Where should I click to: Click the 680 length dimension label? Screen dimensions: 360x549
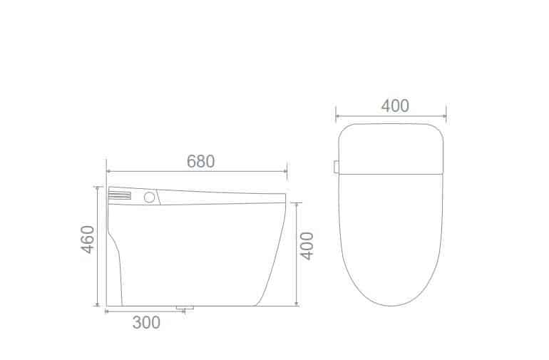[x=200, y=161]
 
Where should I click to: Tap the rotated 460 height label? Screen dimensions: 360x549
[x=88, y=239]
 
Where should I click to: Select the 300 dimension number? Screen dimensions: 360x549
[x=146, y=323]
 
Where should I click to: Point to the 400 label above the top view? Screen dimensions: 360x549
[x=395, y=106]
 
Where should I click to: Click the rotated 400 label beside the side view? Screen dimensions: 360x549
[x=307, y=246]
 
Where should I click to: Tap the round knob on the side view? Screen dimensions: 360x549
[x=150, y=197]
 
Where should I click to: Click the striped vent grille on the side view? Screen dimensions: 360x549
[x=120, y=195]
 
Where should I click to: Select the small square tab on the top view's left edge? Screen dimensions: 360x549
[x=336, y=167]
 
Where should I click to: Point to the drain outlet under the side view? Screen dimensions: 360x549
[x=185, y=308]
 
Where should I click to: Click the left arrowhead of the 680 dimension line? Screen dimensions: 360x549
[x=108, y=171]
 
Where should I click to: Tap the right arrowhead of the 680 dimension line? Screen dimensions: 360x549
[x=284, y=171]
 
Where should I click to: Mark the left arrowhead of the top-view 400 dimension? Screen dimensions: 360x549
[x=338, y=115]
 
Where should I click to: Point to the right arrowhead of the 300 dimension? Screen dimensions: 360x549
[x=183, y=312]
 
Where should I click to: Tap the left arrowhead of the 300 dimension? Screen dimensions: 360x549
[x=108, y=312]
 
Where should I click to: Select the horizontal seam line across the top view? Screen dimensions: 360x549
[x=391, y=173]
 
